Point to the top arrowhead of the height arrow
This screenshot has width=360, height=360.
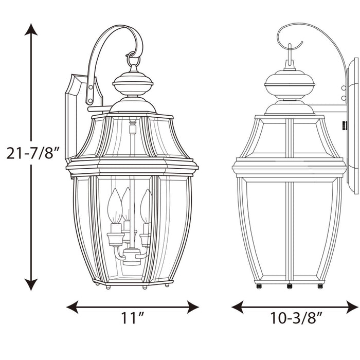point(31,29)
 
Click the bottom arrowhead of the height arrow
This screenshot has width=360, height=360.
point(31,284)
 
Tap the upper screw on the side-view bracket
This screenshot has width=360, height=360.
point(343,88)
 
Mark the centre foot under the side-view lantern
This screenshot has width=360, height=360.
point(290,285)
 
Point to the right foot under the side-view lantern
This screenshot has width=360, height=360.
point(320,285)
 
